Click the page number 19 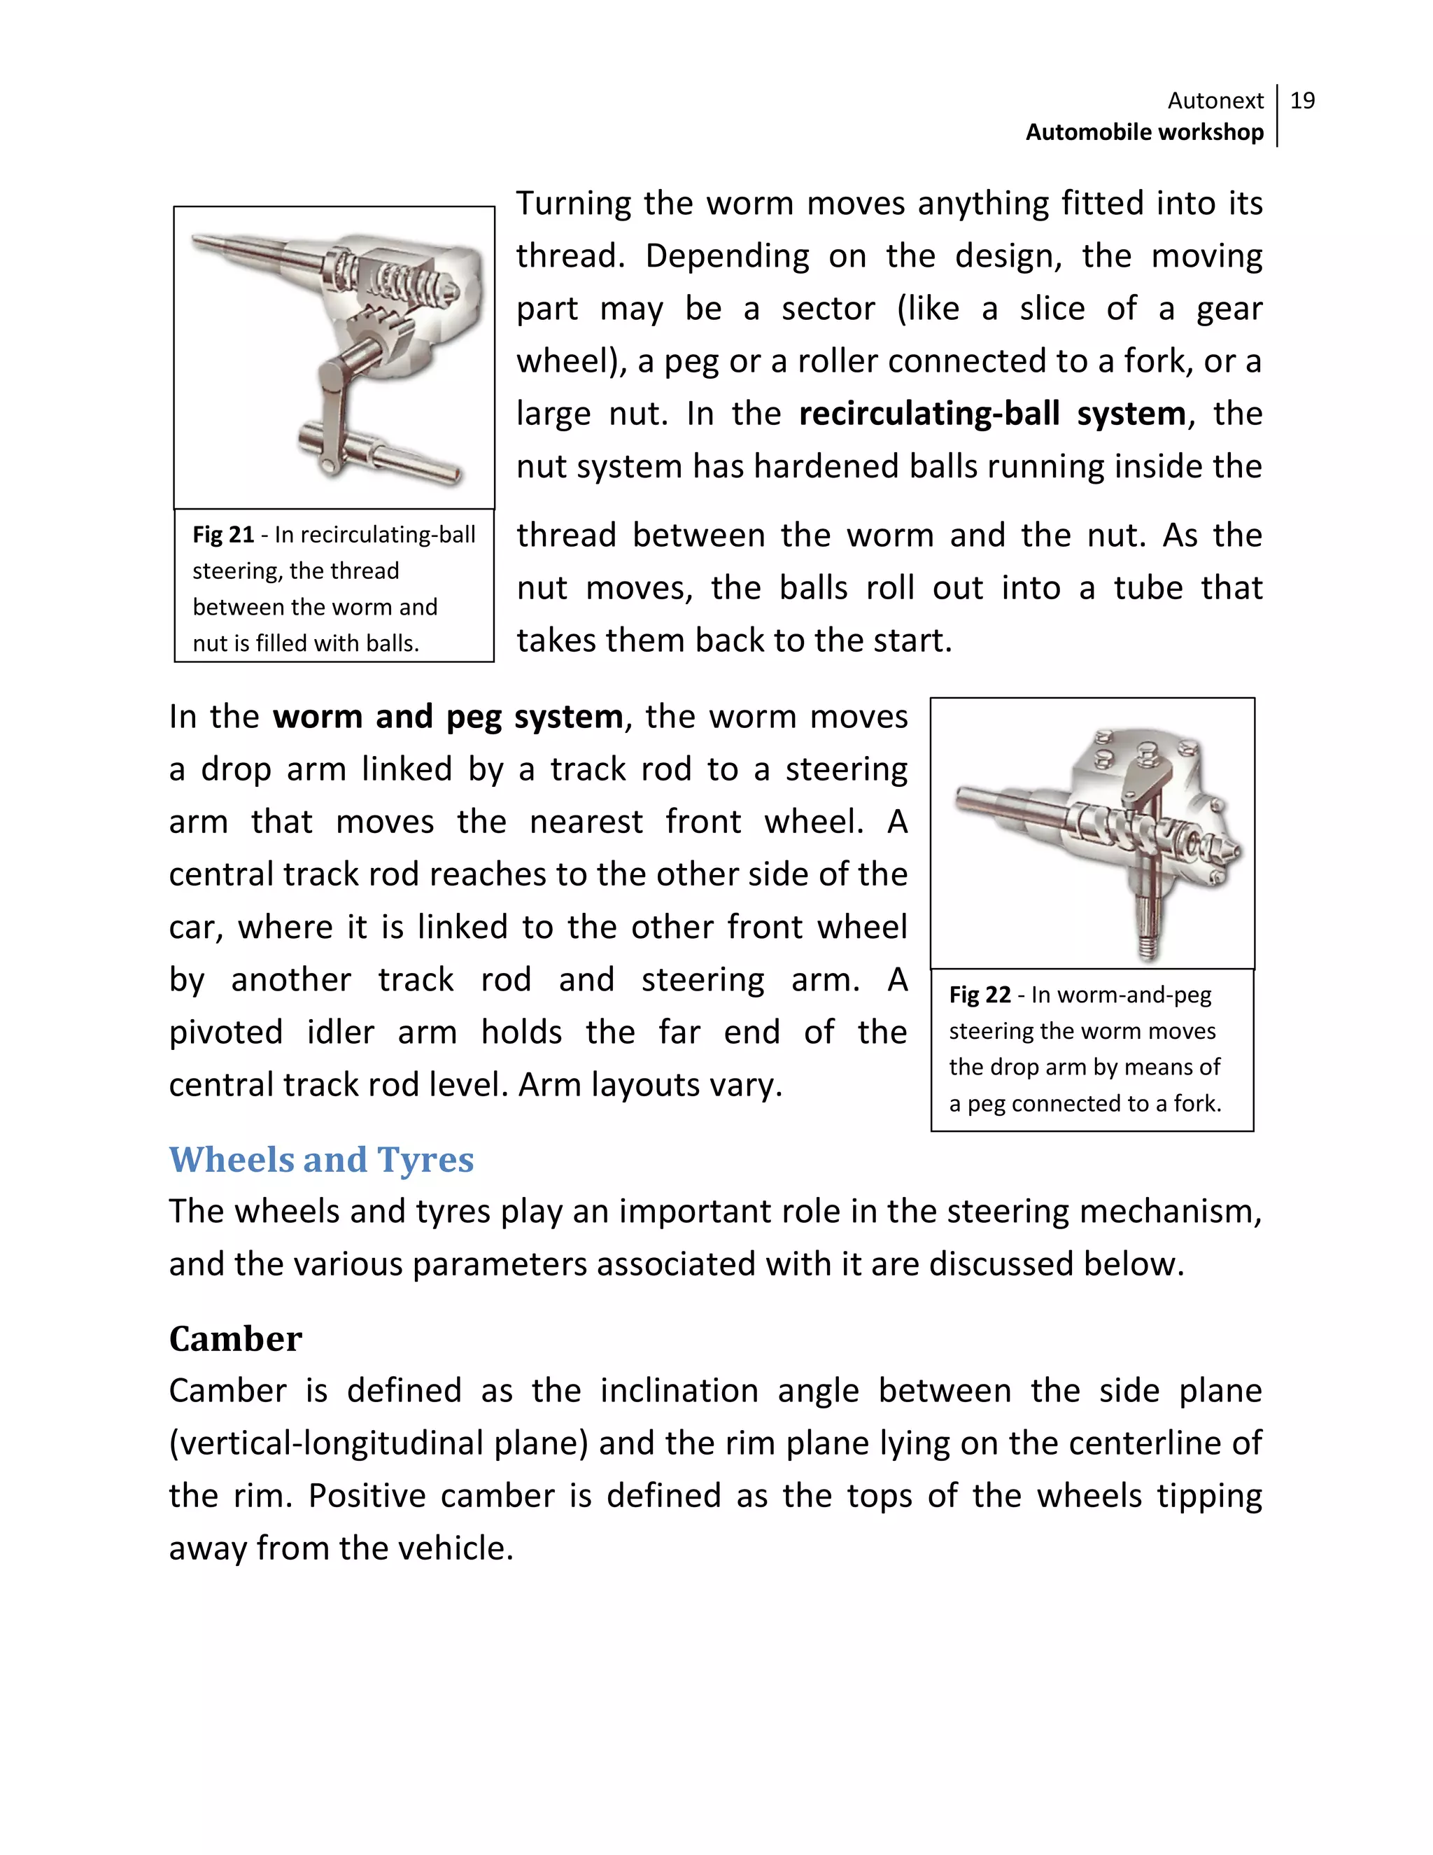coord(1302,101)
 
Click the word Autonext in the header coord(1215,101)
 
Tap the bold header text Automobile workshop coord(1144,132)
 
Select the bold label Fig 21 coord(223,535)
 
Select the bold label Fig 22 coord(980,995)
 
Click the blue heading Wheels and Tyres coord(321,1160)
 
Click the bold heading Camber coord(235,1339)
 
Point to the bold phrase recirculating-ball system coord(991,414)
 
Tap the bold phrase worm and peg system coord(447,717)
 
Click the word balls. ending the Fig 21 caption coord(393,644)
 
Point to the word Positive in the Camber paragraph coord(366,1496)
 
